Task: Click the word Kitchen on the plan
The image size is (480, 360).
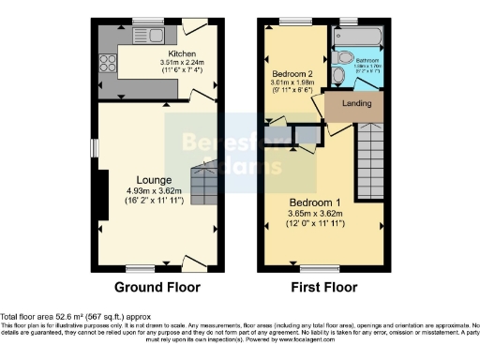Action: pyautogui.click(x=181, y=54)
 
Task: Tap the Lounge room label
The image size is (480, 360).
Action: pyautogui.click(x=153, y=178)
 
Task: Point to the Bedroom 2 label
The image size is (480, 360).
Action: pyautogui.click(x=292, y=72)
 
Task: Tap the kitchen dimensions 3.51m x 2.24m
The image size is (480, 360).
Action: pyautogui.click(x=186, y=64)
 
